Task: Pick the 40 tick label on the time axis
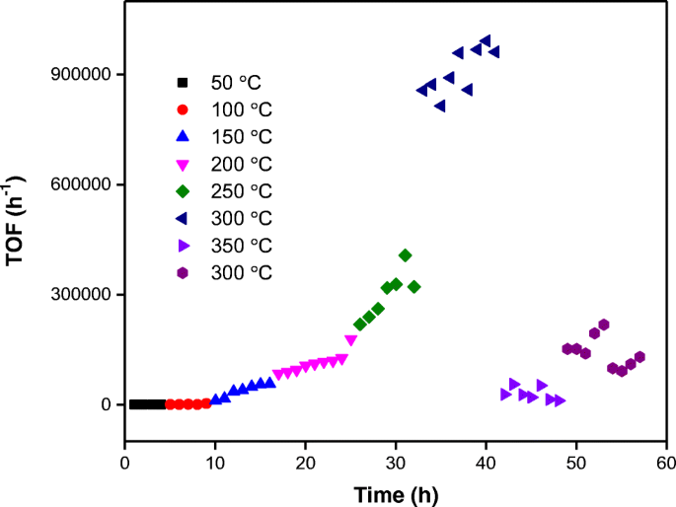point(486,462)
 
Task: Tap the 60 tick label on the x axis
point(666,462)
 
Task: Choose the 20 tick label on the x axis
point(305,462)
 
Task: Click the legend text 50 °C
point(235,82)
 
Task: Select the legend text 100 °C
point(239,109)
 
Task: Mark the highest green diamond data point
point(405,255)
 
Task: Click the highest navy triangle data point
point(486,41)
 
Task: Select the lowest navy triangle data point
point(440,106)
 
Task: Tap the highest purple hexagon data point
point(603,325)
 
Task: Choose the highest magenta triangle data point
point(350,340)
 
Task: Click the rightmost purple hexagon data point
point(639,357)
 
